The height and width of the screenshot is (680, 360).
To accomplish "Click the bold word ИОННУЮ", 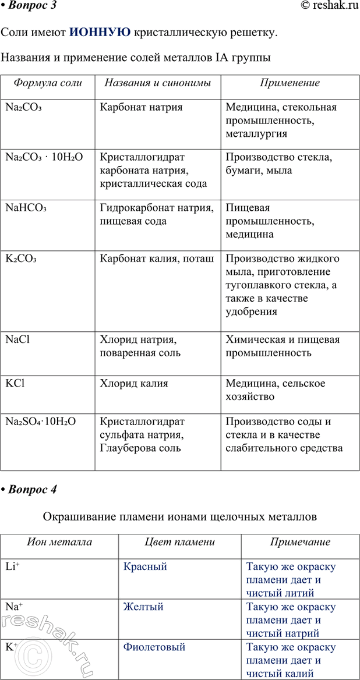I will (100, 32).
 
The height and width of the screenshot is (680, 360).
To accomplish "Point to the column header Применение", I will (290, 83).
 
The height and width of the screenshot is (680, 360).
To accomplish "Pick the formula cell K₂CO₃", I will (21, 258).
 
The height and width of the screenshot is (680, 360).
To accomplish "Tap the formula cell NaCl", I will (17, 339).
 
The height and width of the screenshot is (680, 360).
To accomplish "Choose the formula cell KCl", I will (15, 383).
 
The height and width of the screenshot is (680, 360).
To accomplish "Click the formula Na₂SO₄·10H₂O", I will (41, 421).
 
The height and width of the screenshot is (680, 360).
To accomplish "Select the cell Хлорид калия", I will (134, 383).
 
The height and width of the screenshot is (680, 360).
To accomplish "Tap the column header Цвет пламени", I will (179, 542).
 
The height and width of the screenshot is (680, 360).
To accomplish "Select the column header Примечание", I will (300, 542).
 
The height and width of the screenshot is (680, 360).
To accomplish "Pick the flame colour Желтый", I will (143, 607).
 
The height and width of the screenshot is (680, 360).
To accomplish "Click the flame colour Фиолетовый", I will (154, 647).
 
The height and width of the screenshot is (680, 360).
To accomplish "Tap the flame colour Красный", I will (145, 566).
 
